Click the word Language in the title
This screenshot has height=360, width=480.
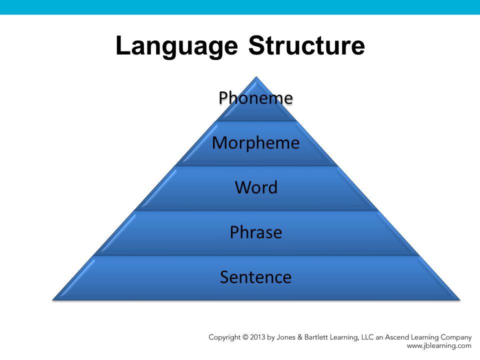(x=176, y=46)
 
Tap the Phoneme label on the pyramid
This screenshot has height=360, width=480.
(x=255, y=98)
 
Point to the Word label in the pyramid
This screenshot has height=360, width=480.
(x=256, y=187)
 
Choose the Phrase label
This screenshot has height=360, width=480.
(x=256, y=232)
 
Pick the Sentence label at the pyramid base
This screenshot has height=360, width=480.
(x=255, y=277)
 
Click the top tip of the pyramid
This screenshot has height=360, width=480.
(x=256, y=77)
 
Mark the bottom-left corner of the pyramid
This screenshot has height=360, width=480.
(x=52, y=299)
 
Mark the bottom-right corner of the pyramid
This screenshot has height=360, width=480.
(x=460, y=299)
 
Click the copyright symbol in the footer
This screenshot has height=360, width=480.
(x=245, y=337)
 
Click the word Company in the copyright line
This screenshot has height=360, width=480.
(x=456, y=337)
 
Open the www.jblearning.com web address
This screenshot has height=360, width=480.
(x=439, y=346)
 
